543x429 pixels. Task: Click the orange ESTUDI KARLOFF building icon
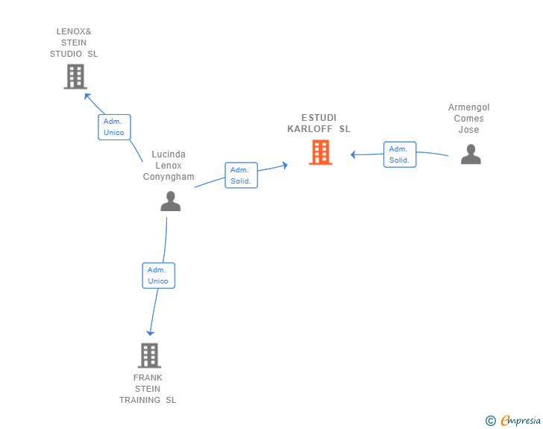point(321,152)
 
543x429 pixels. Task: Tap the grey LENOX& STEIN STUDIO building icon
point(75,76)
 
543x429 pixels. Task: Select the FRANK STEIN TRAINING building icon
point(149,355)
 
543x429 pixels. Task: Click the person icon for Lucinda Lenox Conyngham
point(170,201)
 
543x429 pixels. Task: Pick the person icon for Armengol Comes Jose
point(471,154)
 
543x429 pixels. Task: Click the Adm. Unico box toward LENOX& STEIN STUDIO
point(114,127)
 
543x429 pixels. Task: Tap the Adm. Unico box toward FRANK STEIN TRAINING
point(158,275)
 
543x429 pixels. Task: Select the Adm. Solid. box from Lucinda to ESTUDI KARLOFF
point(241,175)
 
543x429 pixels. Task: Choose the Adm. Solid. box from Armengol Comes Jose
point(400,154)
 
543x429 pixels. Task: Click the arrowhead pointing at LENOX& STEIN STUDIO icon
point(87,95)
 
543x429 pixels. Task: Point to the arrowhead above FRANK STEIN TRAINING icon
point(151,332)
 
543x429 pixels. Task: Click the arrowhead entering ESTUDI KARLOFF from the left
point(284,165)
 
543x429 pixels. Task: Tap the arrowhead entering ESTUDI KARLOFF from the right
point(354,154)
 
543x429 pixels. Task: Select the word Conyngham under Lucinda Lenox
point(169,177)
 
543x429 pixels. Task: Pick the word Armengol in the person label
point(469,107)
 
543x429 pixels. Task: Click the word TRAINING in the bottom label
point(141,400)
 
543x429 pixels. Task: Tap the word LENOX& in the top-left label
point(74,31)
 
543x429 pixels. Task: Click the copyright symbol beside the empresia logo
point(490,421)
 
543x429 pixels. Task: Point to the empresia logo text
point(521,421)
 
